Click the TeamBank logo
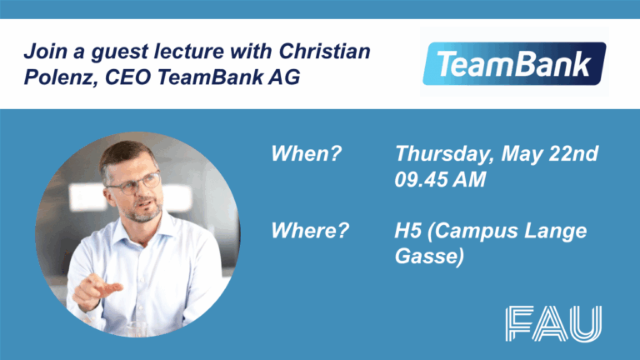point(513,64)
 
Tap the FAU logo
point(552,323)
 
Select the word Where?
point(309,231)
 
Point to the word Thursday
point(442,155)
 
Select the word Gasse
point(427,257)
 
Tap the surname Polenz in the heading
point(52,77)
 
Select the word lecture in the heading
point(197,52)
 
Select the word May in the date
point(525,155)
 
